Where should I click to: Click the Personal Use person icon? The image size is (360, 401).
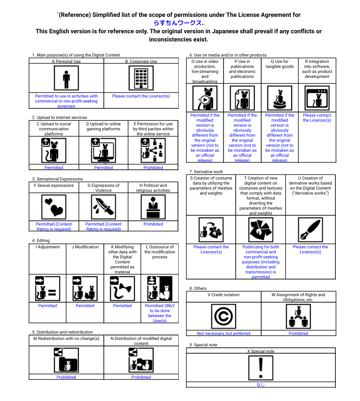(x=66, y=78)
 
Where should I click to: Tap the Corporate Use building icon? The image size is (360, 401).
(x=141, y=78)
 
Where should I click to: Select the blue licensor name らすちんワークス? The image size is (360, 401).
(x=178, y=23)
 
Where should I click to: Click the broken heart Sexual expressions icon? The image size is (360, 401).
(x=54, y=207)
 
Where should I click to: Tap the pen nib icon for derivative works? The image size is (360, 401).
(x=310, y=229)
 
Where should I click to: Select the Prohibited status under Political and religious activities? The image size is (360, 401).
(x=153, y=224)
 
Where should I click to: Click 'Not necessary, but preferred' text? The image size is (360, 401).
(x=224, y=334)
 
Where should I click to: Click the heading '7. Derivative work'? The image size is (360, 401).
(x=206, y=171)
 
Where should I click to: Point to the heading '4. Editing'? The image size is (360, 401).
(x=41, y=240)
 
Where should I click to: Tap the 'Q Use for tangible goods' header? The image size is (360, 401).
(x=279, y=64)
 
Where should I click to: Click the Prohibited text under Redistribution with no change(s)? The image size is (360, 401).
(x=66, y=377)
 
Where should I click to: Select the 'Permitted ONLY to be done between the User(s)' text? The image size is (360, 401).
(x=159, y=313)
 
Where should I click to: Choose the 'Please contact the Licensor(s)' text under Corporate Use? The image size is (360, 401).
(x=141, y=96)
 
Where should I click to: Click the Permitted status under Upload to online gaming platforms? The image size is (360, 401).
(x=103, y=168)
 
